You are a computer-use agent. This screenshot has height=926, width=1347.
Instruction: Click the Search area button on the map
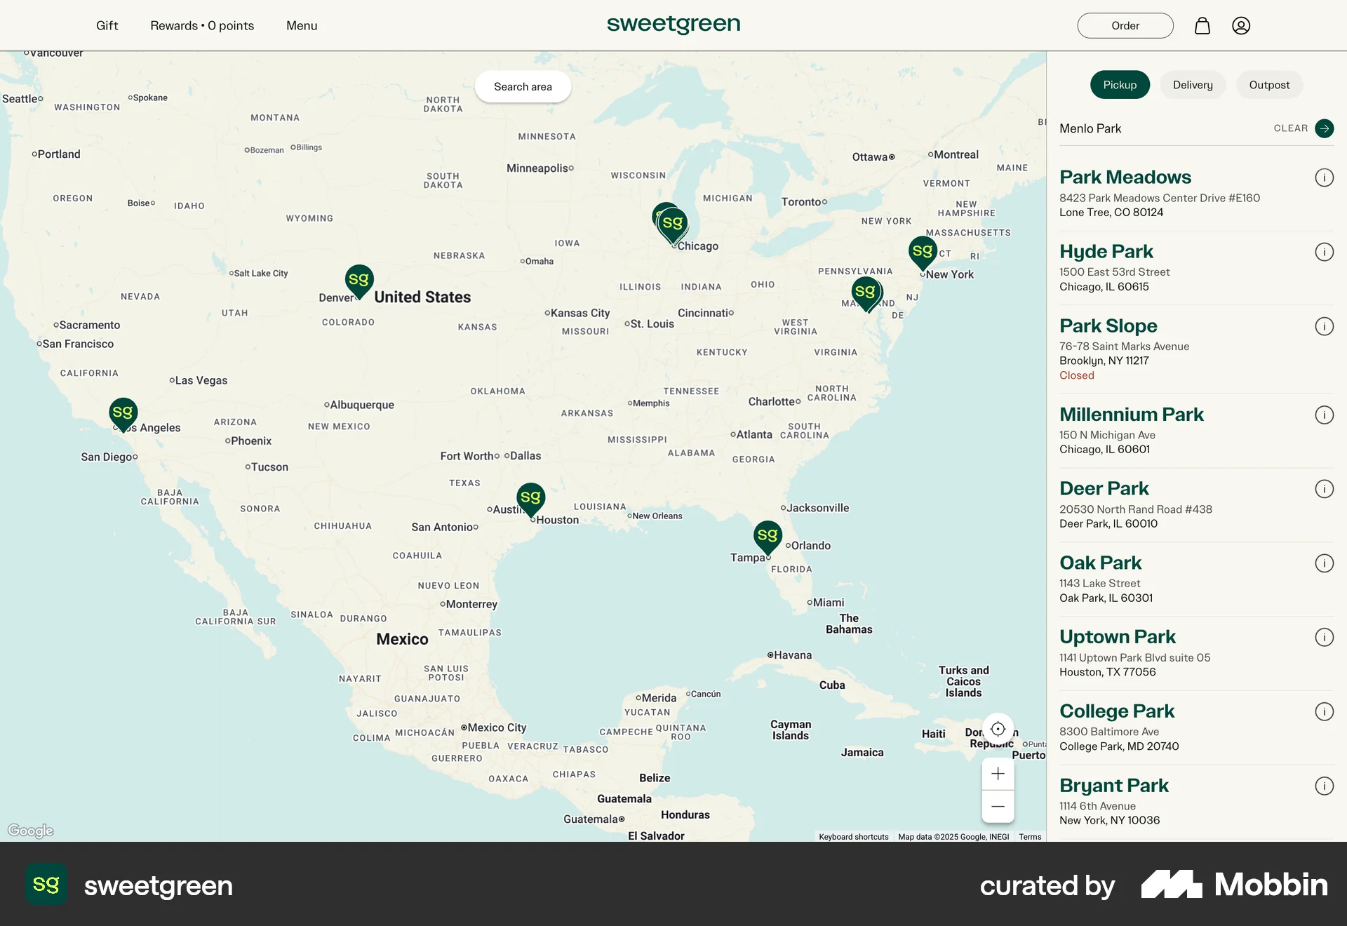523,86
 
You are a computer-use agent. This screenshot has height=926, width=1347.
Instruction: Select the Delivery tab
1193,85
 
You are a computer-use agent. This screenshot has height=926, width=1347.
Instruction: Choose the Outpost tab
1269,85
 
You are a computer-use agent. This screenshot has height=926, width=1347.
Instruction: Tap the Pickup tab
1120,85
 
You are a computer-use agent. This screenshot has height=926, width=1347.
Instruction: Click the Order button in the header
1125,26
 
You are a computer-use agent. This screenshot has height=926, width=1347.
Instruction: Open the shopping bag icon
1202,26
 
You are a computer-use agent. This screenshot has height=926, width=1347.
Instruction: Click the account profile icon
1241,26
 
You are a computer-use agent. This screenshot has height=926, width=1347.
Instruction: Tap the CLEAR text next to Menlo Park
1291,128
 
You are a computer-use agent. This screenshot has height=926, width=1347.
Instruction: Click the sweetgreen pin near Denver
359,280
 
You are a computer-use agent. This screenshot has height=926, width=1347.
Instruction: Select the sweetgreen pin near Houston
531,498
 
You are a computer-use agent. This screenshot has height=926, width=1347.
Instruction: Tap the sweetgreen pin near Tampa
768,536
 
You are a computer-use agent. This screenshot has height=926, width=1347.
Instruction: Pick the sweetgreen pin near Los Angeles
123,413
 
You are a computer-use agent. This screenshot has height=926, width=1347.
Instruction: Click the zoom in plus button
998,774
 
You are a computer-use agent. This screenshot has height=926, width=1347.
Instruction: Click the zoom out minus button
998,807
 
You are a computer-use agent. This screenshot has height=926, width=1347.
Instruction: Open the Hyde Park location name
1106,251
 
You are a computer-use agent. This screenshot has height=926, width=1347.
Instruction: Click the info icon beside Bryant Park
1324,786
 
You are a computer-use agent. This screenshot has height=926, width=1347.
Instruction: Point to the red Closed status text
1077,375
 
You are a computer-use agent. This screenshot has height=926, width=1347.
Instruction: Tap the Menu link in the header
302,26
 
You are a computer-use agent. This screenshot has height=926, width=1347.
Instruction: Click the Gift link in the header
107,26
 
